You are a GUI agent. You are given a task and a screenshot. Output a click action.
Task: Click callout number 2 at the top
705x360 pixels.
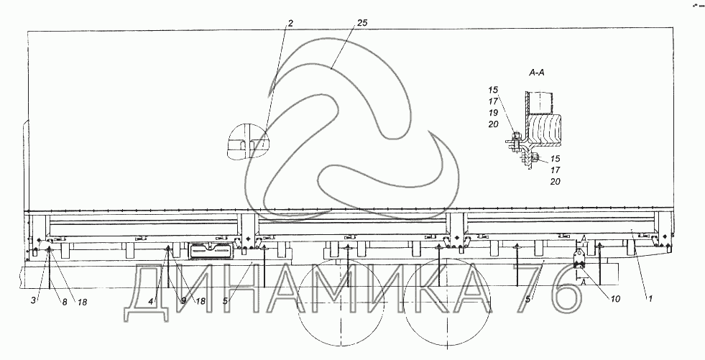[x=290, y=24]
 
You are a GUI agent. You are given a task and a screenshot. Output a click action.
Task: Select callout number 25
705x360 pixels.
[x=362, y=23]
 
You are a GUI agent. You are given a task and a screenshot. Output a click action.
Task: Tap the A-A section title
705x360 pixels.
[x=536, y=73]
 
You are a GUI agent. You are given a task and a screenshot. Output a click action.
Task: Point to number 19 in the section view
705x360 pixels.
[x=494, y=113]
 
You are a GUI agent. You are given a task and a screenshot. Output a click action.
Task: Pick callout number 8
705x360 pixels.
[x=64, y=302]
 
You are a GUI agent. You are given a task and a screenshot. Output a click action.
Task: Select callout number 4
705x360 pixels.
[x=152, y=301]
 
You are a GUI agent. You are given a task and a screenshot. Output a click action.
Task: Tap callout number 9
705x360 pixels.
[x=183, y=301]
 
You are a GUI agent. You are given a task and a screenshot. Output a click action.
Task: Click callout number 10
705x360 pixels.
[x=615, y=299]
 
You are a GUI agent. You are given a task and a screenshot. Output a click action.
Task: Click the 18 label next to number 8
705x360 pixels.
[x=82, y=303]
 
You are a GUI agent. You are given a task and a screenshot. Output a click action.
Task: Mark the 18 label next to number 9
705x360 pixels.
[x=200, y=302]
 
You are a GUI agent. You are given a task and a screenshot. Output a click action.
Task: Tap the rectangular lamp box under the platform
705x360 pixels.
[x=211, y=250]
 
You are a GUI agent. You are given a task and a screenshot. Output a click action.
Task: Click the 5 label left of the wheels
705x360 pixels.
[x=225, y=300]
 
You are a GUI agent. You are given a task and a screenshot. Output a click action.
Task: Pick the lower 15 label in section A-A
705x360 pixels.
[x=556, y=159]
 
